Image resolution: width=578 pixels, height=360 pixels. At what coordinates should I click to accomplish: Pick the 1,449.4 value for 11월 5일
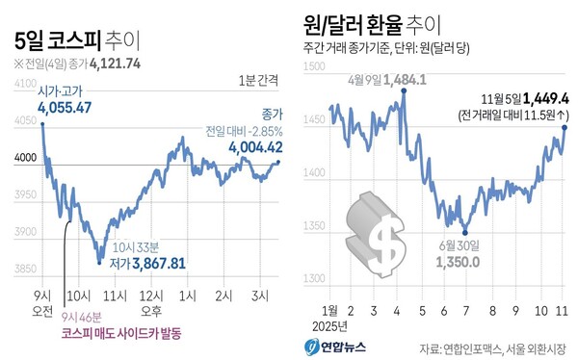coord(544,97)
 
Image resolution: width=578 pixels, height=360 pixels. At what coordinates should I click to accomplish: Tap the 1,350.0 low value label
coord(464,261)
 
